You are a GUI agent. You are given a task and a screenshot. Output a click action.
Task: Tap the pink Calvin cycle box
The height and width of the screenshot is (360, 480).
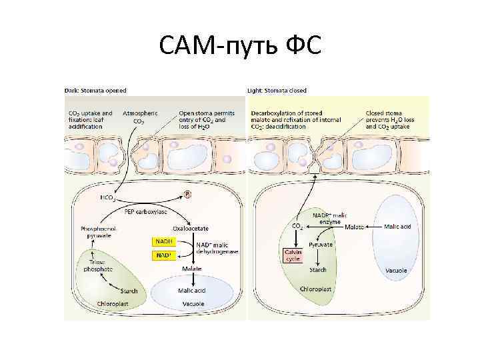click(294, 256)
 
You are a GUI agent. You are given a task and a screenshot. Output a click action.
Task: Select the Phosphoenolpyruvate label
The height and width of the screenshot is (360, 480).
click(96, 232)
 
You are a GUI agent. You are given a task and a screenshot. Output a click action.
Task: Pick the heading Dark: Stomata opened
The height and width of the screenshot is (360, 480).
click(95, 90)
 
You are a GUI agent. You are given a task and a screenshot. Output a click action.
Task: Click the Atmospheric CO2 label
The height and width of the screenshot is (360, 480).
click(140, 117)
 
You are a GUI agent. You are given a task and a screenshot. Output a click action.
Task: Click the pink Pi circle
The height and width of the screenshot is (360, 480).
click(188, 195)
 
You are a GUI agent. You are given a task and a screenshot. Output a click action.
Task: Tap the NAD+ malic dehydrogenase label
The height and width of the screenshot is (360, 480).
click(217, 248)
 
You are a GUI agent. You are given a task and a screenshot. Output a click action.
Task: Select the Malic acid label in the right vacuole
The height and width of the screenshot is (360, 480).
click(398, 227)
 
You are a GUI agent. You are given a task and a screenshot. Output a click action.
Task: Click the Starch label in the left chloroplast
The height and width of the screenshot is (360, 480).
click(129, 291)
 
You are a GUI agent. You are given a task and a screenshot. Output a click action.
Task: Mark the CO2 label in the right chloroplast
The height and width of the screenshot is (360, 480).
click(298, 227)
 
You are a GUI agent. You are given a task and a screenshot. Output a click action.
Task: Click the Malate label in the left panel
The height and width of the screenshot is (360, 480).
click(192, 269)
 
